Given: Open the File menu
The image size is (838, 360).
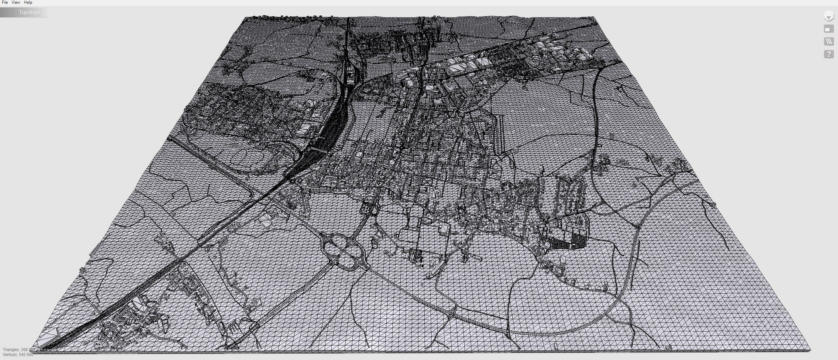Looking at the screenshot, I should pyautogui.click(x=5, y=3).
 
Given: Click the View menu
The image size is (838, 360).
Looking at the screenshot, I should pyautogui.click(x=16, y=3).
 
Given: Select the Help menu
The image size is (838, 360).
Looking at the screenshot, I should pyautogui.click(x=28, y=3).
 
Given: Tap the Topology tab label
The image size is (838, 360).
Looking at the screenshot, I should pyautogui.click(x=29, y=13).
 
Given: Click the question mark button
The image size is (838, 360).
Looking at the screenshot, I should pyautogui.click(x=828, y=55).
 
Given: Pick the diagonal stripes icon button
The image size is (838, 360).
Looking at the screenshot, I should pyautogui.click(x=828, y=42).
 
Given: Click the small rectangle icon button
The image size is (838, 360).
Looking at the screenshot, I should pyautogui.click(x=828, y=29).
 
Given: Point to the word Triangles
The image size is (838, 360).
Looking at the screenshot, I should pyautogui.click(x=11, y=350).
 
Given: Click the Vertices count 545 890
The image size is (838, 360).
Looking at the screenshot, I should pyautogui.click(x=26, y=355).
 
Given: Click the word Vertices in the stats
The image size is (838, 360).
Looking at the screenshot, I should pyautogui.click(x=10, y=355).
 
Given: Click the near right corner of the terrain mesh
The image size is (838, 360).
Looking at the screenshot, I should pyautogui.click(x=810, y=350).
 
